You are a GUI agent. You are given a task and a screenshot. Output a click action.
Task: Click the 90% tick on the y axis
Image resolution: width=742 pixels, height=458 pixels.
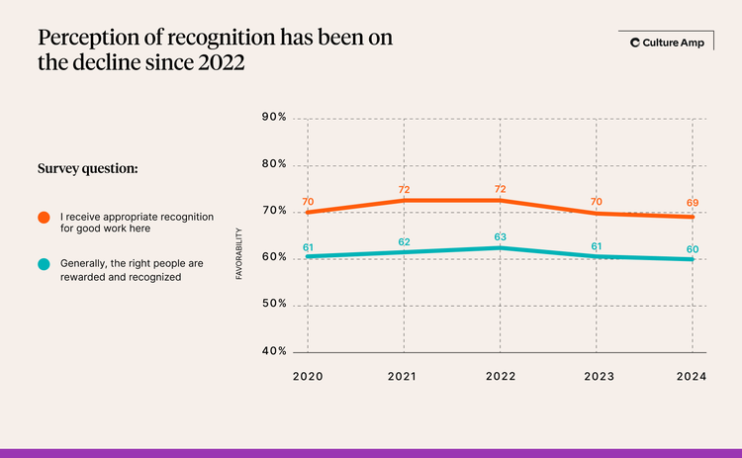click(274, 118)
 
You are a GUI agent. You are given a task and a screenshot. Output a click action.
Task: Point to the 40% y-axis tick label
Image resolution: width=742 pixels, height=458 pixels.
click(274, 351)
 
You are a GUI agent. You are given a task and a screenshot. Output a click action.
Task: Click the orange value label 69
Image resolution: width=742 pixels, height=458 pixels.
click(692, 203)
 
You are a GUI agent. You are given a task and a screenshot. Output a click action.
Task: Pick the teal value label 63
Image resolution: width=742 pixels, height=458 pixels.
click(500, 236)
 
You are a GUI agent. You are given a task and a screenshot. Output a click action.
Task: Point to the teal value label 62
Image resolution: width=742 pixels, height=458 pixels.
click(404, 241)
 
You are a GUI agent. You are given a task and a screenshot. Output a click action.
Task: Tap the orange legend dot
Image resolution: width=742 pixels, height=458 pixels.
click(45, 217)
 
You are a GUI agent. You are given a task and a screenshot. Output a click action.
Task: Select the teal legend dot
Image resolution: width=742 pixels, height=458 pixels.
click(45, 265)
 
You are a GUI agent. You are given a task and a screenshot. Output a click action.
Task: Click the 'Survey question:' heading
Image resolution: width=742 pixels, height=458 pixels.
click(87, 168)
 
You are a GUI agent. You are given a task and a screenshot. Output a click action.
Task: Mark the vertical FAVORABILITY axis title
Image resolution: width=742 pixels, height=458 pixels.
click(239, 255)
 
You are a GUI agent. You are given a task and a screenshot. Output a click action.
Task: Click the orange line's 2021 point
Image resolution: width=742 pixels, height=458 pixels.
click(404, 201)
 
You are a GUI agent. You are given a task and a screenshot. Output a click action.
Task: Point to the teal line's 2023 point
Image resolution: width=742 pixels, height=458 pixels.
click(596, 256)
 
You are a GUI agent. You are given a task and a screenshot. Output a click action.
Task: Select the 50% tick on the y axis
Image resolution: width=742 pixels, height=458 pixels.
click(274, 305)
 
